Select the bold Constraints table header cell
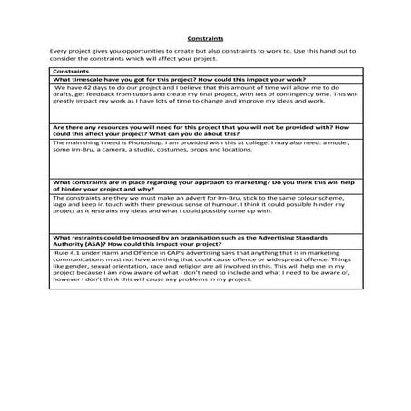tap(73, 71)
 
